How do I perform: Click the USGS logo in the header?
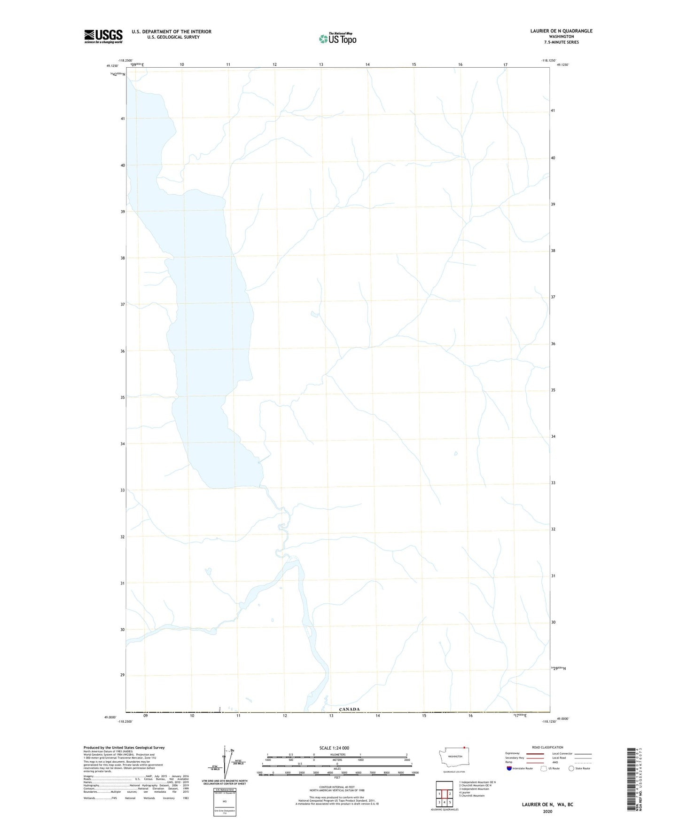point(103,36)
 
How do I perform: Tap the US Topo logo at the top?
point(337,39)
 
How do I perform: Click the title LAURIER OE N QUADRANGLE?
point(561,31)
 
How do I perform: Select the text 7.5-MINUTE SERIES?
point(561,42)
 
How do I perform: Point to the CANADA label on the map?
point(349,709)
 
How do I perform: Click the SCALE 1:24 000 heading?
point(334,748)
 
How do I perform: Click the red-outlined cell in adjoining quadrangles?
point(444,794)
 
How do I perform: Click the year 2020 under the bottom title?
point(547,811)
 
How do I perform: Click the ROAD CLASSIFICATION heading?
point(547,747)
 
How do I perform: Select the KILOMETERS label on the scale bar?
point(337,755)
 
